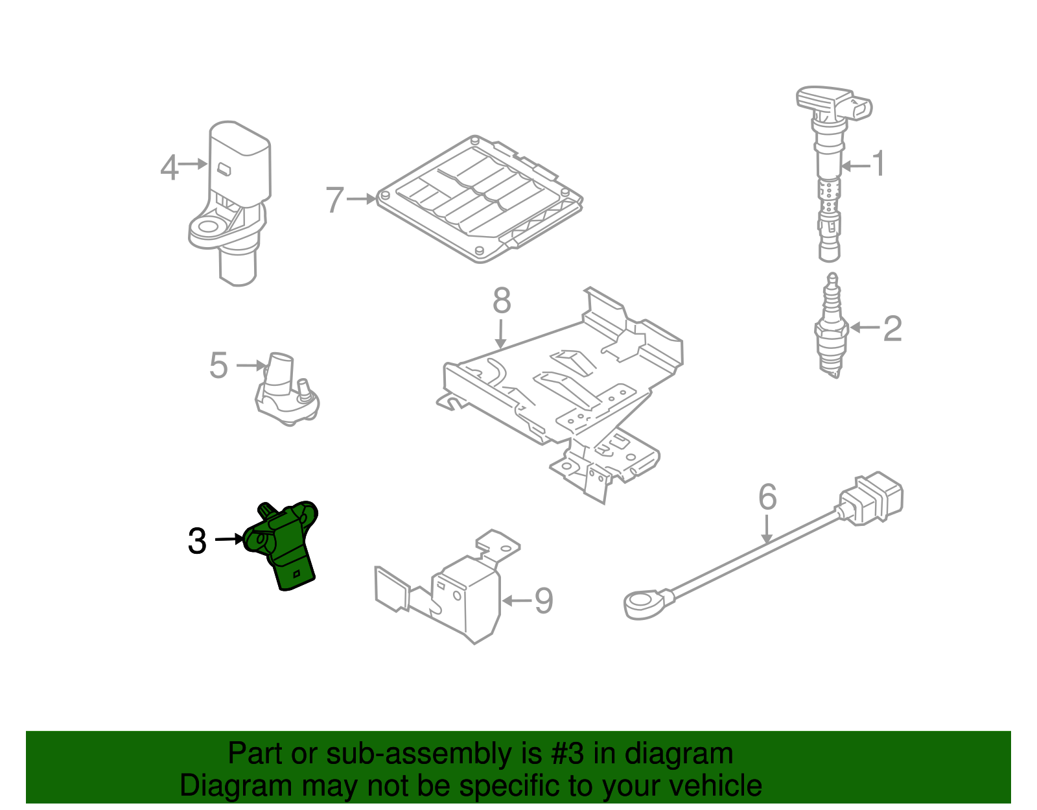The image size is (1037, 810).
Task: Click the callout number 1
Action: (878, 163)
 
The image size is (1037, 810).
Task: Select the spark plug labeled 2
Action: (832, 328)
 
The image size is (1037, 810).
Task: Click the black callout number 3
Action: (197, 541)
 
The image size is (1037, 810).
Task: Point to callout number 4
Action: (169, 168)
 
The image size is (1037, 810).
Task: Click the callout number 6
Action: (767, 497)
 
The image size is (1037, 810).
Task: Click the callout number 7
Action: (334, 200)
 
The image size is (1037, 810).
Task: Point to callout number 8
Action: (502, 301)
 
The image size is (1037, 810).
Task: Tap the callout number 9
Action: (543, 601)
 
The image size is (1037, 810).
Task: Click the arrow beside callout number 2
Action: (865, 328)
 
